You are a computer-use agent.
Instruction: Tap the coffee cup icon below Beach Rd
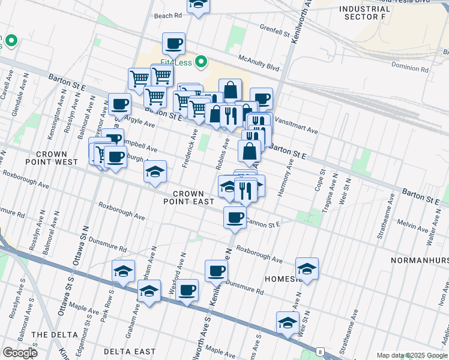tap(173, 43)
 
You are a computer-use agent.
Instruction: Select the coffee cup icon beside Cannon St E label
tap(235, 217)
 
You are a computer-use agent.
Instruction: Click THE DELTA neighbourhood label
tap(55, 334)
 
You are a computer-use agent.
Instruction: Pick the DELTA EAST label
tap(129, 352)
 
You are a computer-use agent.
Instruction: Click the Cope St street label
tap(322, 181)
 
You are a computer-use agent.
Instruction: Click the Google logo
tap(20, 353)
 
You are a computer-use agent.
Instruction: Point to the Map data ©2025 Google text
tap(411, 355)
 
